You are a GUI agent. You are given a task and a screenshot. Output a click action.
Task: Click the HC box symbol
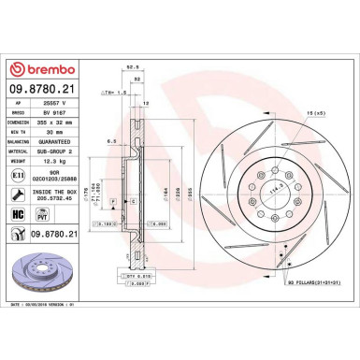tap(18, 214)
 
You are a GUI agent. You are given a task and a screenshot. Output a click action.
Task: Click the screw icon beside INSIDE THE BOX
tap(19, 195)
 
